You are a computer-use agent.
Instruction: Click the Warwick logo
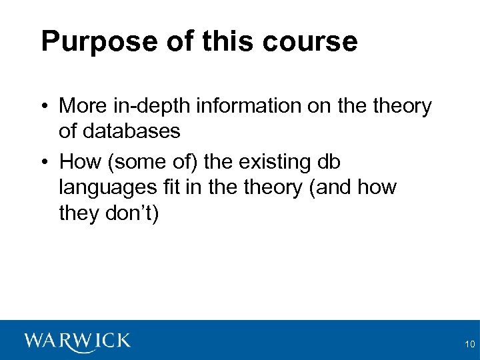pos(77,341)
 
